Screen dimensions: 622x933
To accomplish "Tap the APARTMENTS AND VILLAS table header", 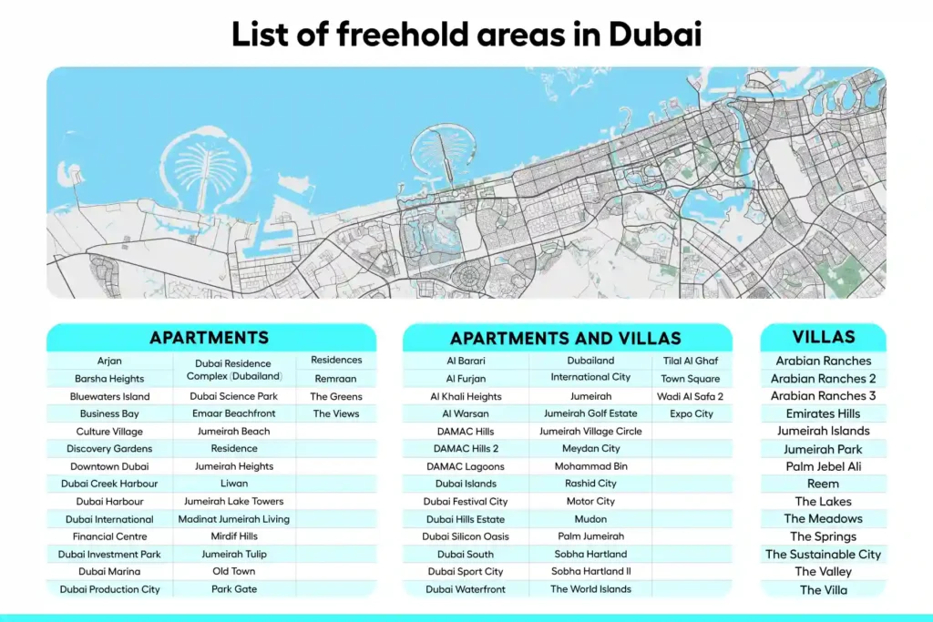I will (x=566, y=339).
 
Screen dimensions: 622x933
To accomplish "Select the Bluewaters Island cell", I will (x=109, y=396).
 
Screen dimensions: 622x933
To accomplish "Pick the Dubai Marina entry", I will (x=109, y=571).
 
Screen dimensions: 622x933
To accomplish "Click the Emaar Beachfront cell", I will (x=234, y=413).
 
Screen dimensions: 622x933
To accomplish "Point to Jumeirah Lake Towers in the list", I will (x=234, y=501).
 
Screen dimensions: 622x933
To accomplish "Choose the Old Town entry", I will (x=234, y=571).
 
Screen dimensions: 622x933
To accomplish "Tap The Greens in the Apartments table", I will (x=336, y=396).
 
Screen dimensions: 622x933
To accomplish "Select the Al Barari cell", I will (x=466, y=361).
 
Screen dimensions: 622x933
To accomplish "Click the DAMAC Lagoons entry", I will (x=466, y=466).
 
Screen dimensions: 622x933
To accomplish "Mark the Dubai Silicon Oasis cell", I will (x=466, y=536).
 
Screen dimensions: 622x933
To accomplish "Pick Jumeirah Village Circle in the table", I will (x=590, y=431).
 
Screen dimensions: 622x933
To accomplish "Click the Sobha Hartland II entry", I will (x=590, y=571).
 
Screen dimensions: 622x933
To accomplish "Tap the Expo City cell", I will (x=692, y=413).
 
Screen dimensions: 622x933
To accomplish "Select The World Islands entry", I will (x=590, y=589).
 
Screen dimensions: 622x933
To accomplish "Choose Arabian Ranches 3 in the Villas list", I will (x=823, y=395).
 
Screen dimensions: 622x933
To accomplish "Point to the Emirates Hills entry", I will (x=823, y=413).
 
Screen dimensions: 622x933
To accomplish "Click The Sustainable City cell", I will (x=823, y=554).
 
